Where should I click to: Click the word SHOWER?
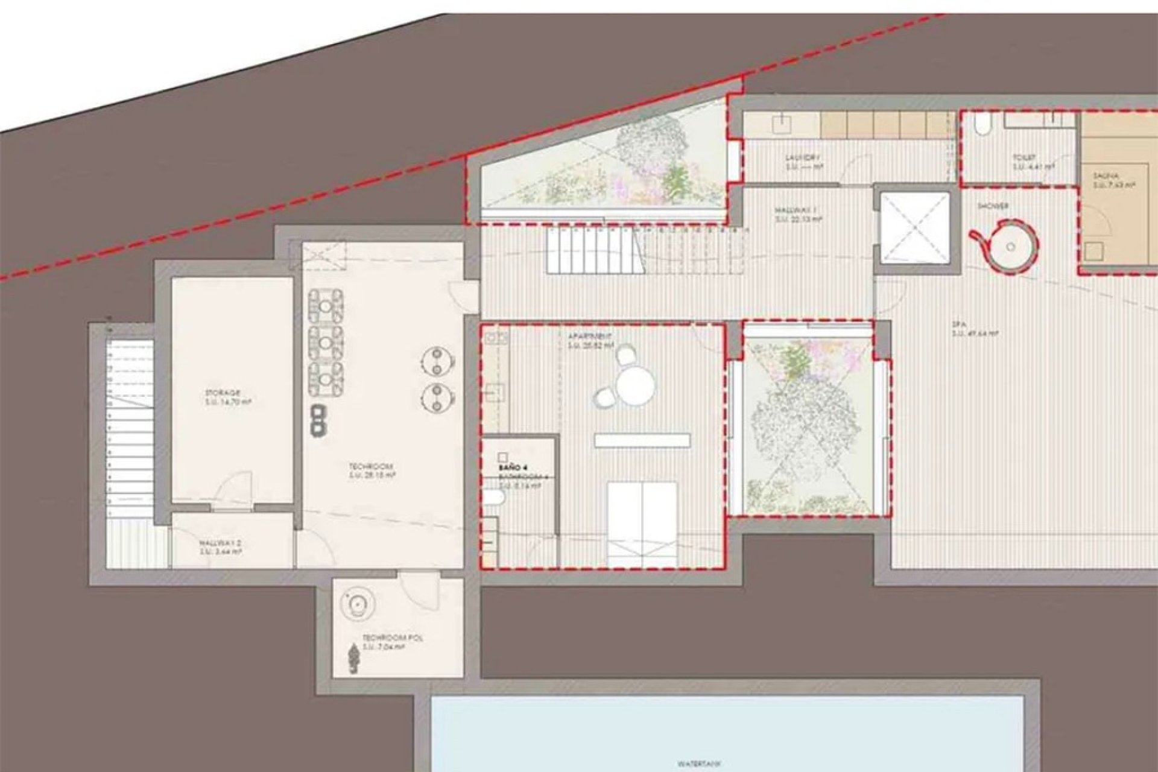point(993,206)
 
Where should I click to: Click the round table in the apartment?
point(635,385)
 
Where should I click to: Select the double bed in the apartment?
point(641,524)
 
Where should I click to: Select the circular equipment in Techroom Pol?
point(358,603)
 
